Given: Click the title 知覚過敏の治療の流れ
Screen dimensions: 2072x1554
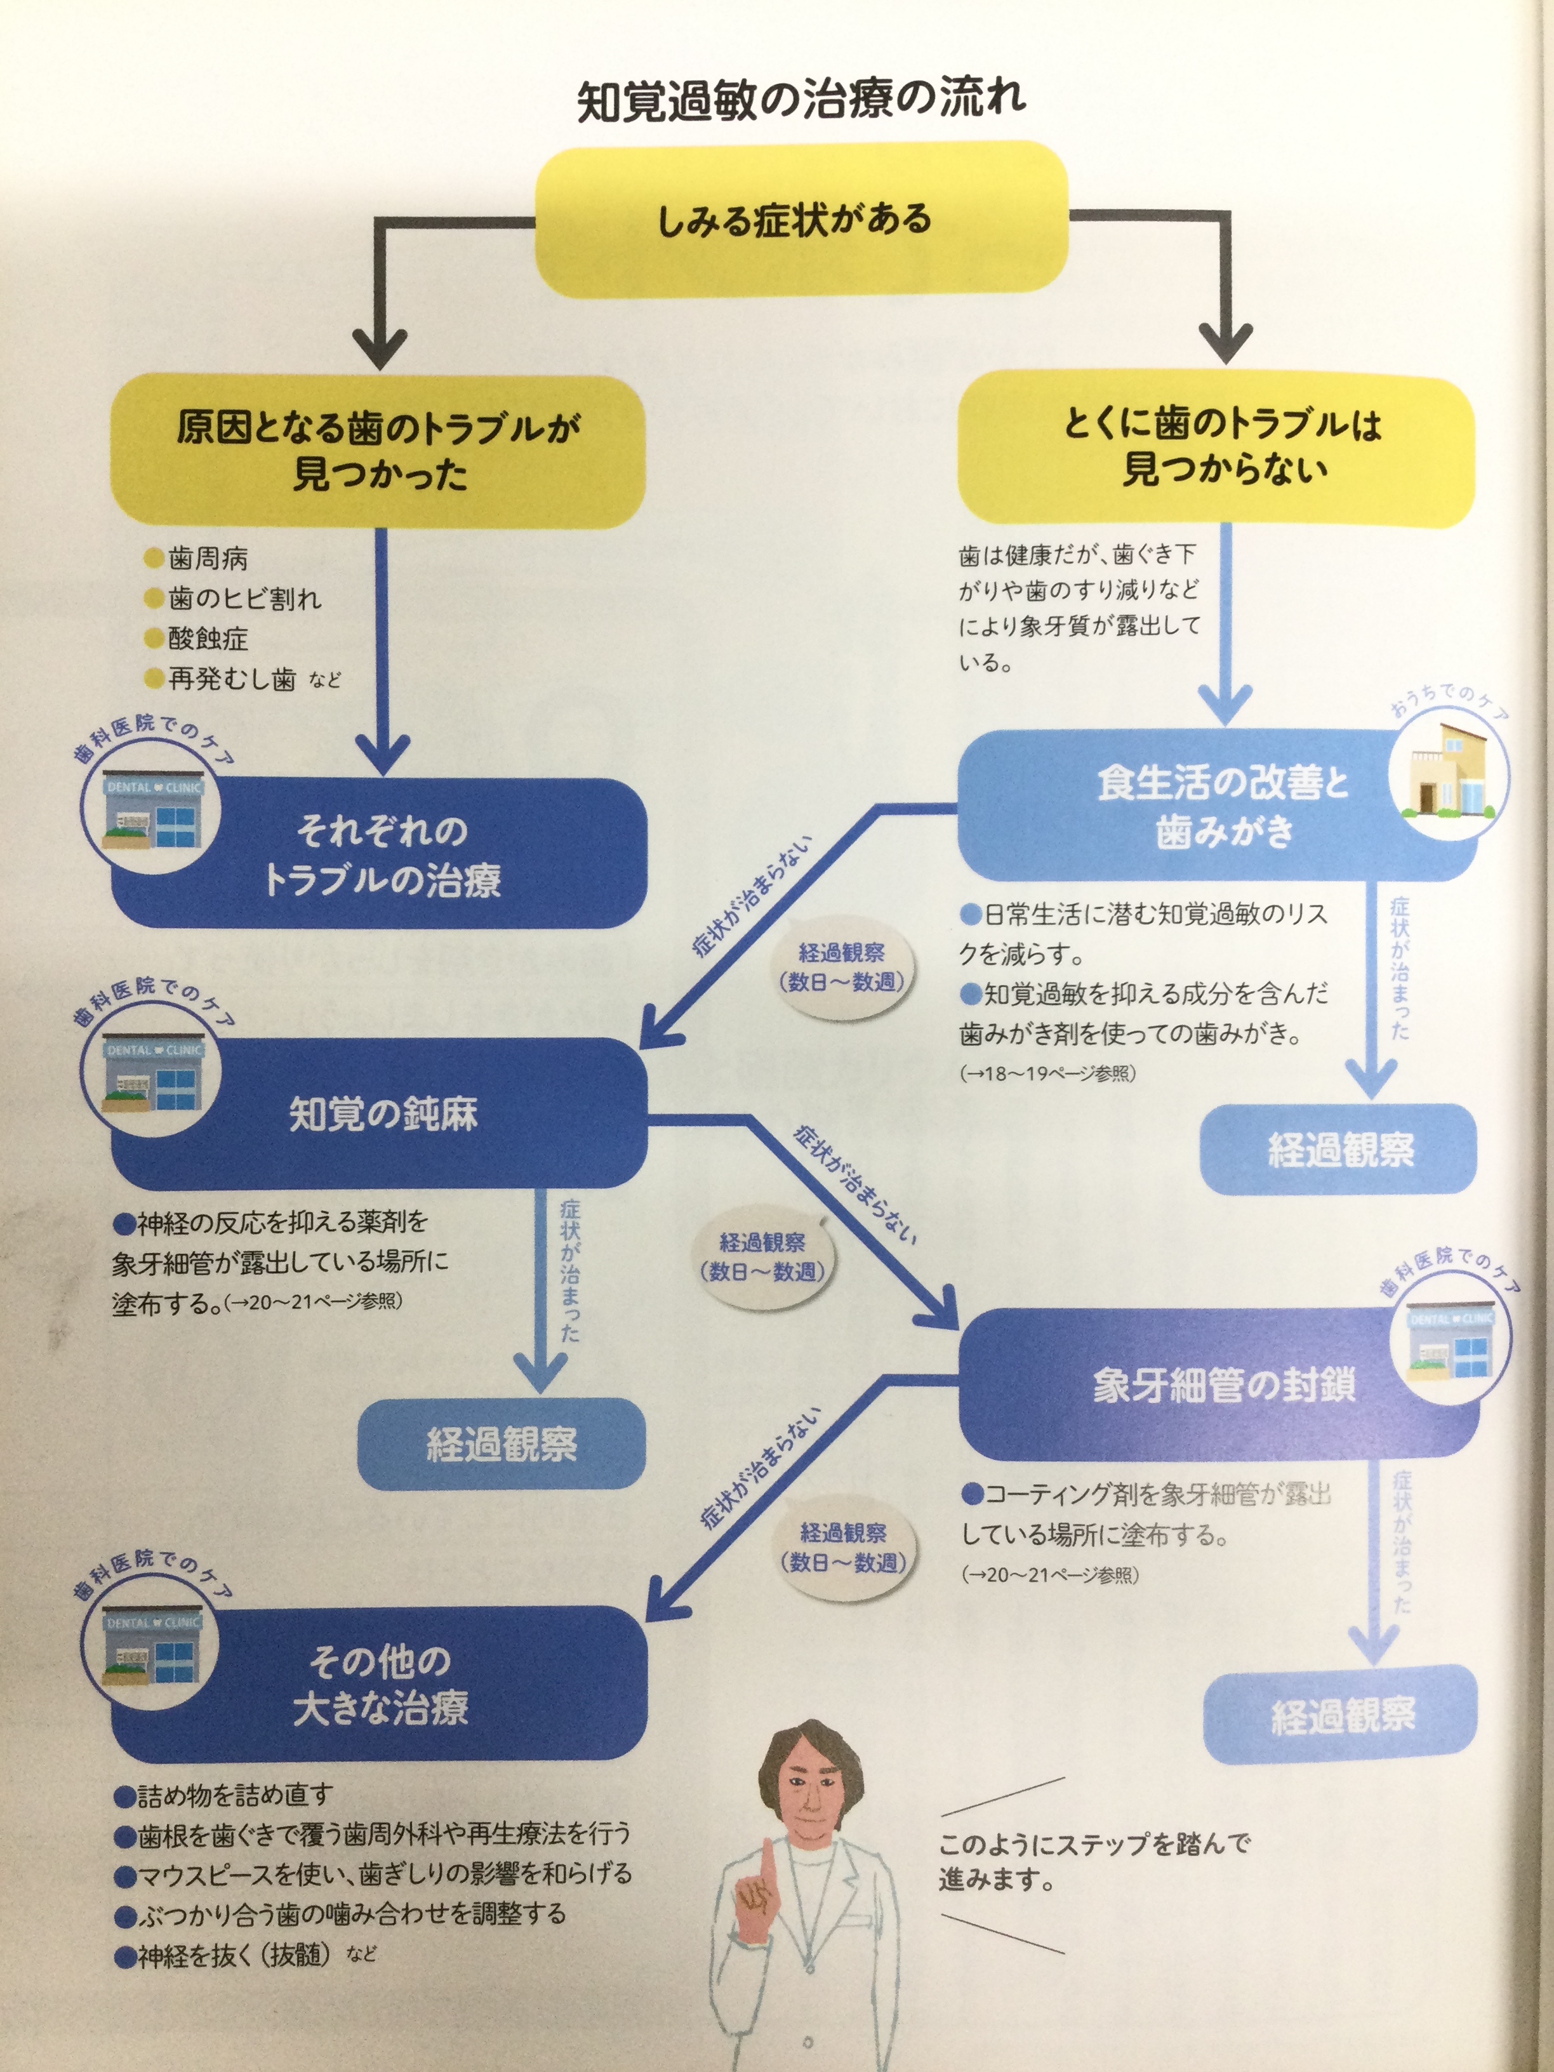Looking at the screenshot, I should [x=801, y=100].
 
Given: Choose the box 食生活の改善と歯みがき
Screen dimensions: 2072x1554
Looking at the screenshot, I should [x=1218, y=806].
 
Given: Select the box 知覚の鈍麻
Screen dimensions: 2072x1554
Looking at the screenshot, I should [x=380, y=1113].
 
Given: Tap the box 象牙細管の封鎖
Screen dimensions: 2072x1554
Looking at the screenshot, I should [x=1218, y=1385].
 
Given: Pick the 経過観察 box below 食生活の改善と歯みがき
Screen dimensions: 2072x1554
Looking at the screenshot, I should [x=1339, y=1150].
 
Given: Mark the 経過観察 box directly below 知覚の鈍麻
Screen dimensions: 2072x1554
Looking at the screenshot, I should [x=501, y=1444].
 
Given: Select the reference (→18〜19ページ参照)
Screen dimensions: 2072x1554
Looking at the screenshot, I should [x=1047, y=1073].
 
